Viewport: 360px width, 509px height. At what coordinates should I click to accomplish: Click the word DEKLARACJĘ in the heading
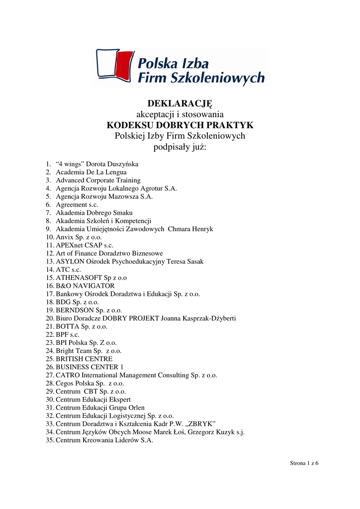pyautogui.click(x=180, y=103)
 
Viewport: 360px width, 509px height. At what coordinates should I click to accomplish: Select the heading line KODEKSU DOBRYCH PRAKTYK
pyautogui.click(x=180, y=125)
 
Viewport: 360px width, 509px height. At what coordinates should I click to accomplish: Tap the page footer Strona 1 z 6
pyautogui.click(x=304, y=463)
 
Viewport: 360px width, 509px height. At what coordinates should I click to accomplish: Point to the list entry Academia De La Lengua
pyautogui.click(x=91, y=172)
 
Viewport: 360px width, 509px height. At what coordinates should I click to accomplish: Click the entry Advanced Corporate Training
pyautogui.click(x=98, y=180)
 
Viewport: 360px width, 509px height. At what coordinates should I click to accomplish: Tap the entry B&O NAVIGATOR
pyautogui.click(x=85, y=286)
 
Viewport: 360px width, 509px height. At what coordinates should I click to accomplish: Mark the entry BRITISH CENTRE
pyautogui.click(x=84, y=359)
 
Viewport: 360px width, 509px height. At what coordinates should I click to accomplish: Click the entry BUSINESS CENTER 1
pyautogui.click(x=90, y=367)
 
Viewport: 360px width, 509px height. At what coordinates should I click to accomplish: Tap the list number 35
pyautogui.click(x=49, y=440)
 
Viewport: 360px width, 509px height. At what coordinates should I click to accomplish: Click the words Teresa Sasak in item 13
pyautogui.click(x=185, y=261)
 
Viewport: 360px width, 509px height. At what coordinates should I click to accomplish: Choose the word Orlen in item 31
pyautogui.click(x=135, y=408)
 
